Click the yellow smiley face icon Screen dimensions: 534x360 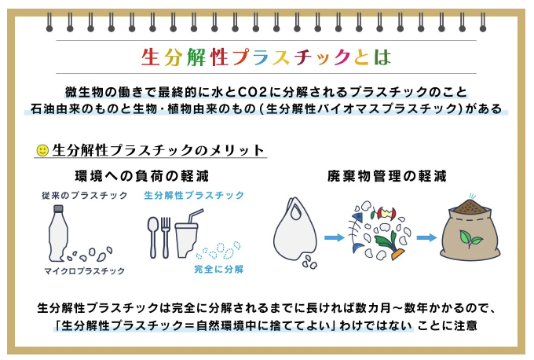click(x=42, y=150)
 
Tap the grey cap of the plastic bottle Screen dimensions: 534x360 click(x=59, y=208)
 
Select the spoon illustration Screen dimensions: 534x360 click(x=153, y=237)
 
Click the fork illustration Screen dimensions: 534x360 click(x=166, y=237)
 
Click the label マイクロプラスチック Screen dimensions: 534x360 click(x=85, y=271)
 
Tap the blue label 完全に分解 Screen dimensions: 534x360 click(x=218, y=270)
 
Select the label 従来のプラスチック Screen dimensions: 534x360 click(x=85, y=196)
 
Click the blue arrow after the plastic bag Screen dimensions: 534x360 click(x=335, y=237)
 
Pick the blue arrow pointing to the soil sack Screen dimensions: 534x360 click(x=426, y=237)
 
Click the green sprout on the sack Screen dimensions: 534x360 click(x=470, y=238)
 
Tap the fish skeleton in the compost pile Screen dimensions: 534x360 click(x=356, y=232)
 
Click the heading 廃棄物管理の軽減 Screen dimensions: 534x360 click(x=386, y=176)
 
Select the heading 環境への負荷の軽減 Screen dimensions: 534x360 click(x=141, y=176)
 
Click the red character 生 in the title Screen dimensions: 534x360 click(x=151, y=57)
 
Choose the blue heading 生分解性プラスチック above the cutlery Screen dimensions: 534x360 click(x=194, y=196)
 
